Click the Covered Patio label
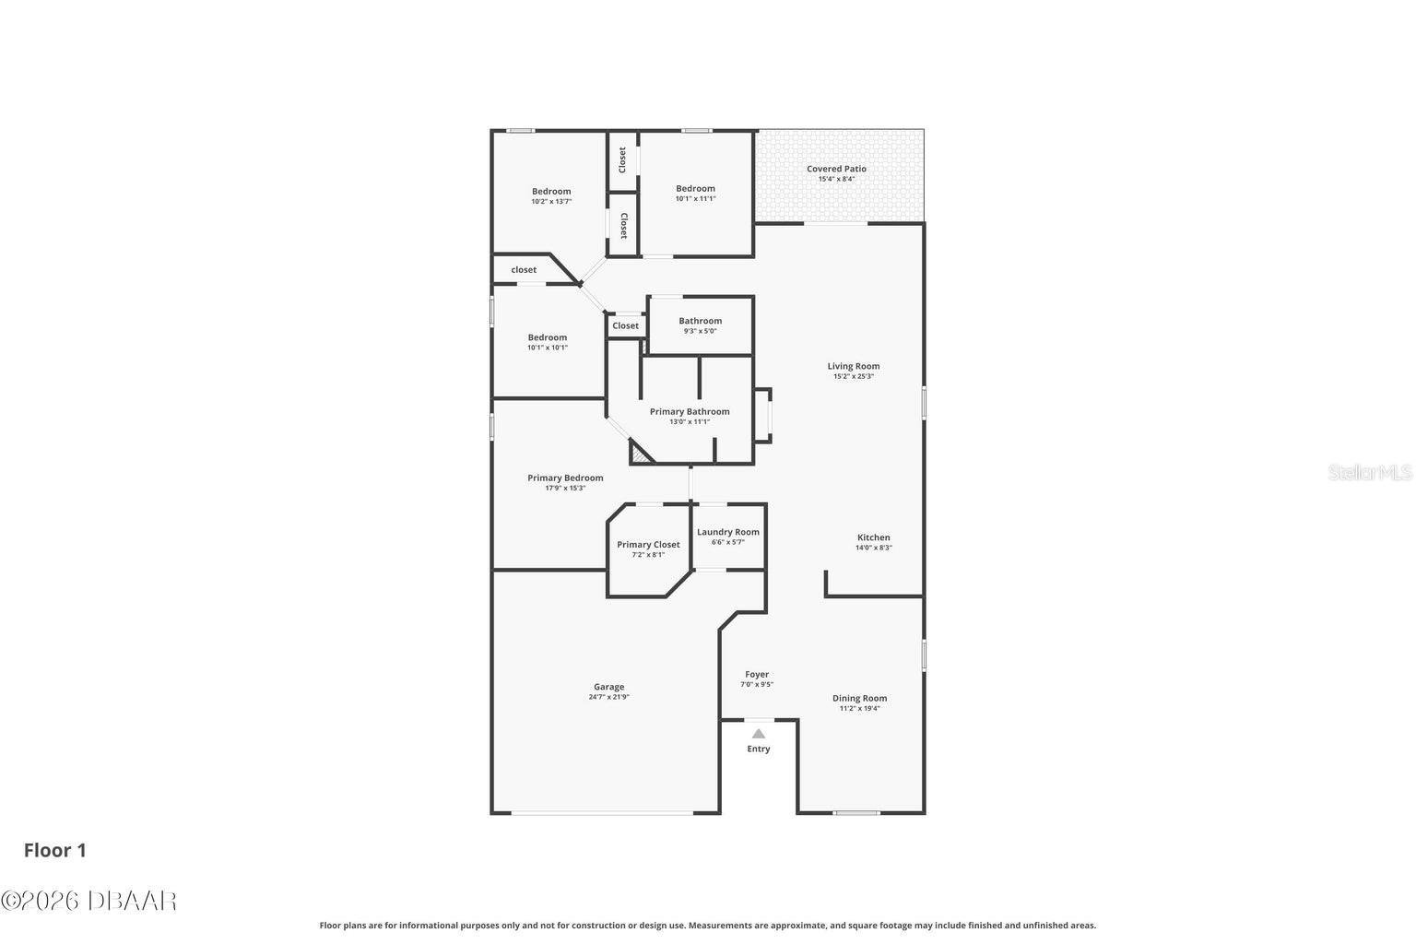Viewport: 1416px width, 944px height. point(836,169)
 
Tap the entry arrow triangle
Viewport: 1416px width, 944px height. point(758,734)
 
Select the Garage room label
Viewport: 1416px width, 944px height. point(608,687)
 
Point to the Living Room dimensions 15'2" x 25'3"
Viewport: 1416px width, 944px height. point(853,376)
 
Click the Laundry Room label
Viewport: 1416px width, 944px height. point(727,532)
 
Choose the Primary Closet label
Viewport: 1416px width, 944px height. point(648,545)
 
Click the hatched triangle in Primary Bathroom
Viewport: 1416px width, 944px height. point(639,454)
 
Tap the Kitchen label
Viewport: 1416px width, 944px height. point(873,537)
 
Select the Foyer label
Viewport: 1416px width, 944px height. point(757,675)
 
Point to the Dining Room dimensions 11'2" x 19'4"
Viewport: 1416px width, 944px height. point(859,708)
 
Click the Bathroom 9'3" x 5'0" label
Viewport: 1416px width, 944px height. point(700,321)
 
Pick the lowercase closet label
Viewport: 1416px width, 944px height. point(524,270)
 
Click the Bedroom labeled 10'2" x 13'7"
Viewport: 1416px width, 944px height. point(550,192)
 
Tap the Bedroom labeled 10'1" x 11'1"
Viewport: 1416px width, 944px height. point(695,189)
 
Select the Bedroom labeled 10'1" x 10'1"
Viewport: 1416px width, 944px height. point(547,337)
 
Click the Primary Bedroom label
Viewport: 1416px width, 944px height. point(565,478)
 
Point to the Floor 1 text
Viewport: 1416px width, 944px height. point(55,850)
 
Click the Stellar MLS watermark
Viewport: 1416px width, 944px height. point(1369,472)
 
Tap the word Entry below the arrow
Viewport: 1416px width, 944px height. point(758,749)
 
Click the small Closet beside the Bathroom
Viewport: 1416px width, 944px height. point(625,325)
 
